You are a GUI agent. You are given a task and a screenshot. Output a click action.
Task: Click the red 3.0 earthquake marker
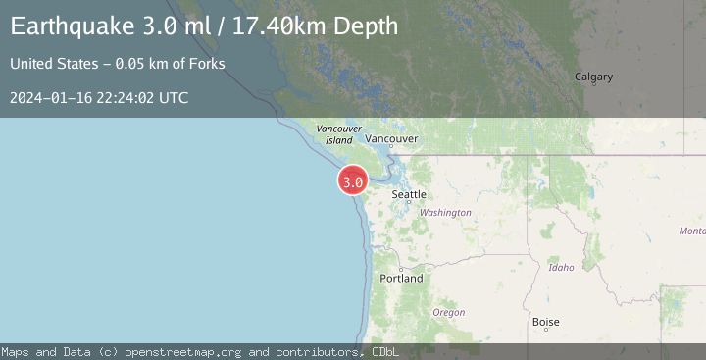[x=353, y=180]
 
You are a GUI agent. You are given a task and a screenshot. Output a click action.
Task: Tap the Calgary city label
[x=593, y=77]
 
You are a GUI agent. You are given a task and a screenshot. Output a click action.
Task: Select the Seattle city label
[x=409, y=194]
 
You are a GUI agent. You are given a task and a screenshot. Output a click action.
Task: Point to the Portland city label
[x=402, y=278]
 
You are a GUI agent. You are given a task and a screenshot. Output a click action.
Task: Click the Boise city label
[x=545, y=321]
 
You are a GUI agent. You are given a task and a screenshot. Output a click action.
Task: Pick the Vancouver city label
[x=398, y=139]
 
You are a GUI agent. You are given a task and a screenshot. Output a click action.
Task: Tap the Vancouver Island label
[x=339, y=134]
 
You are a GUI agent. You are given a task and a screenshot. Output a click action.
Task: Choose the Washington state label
[x=445, y=212]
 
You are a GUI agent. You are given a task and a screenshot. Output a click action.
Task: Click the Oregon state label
[x=449, y=312]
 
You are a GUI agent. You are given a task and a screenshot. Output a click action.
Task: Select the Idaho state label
[x=562, y=267]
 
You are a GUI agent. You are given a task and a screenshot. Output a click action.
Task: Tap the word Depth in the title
[x=366, y=26]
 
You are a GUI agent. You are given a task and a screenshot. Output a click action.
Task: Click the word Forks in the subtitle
[x=208, y=64]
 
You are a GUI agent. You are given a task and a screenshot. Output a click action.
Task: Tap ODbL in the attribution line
[x=378, y=351]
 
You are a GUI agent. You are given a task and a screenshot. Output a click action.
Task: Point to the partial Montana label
[x=691, y=231]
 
